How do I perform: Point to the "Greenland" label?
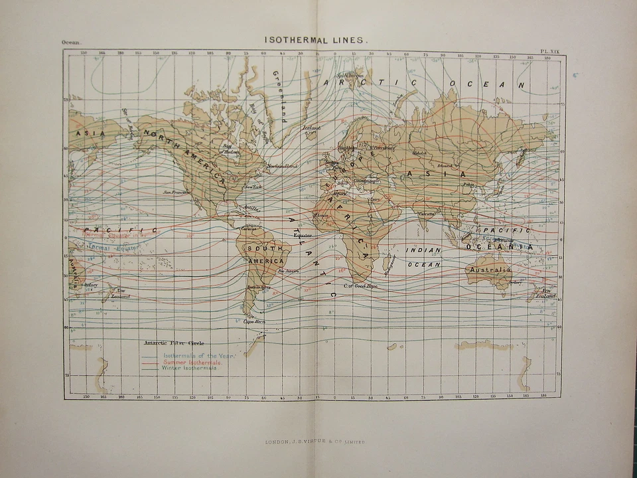tap(279, 97)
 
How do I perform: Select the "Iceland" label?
tap(311, 128)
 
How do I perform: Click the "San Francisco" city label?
tap(177, 193)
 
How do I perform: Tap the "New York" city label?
tap(253, 187)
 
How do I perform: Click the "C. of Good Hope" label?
tap(360, 285)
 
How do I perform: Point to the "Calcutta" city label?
tap(427, 214)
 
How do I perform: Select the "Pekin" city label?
tap(468, 184)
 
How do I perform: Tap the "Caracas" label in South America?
tap(249, 229)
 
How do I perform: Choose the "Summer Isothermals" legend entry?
tap(192, 362)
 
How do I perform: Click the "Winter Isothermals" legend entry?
tap(189, 368)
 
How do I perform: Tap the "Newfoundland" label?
tap(283, 165)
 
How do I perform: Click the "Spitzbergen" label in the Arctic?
tap(350, 76)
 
